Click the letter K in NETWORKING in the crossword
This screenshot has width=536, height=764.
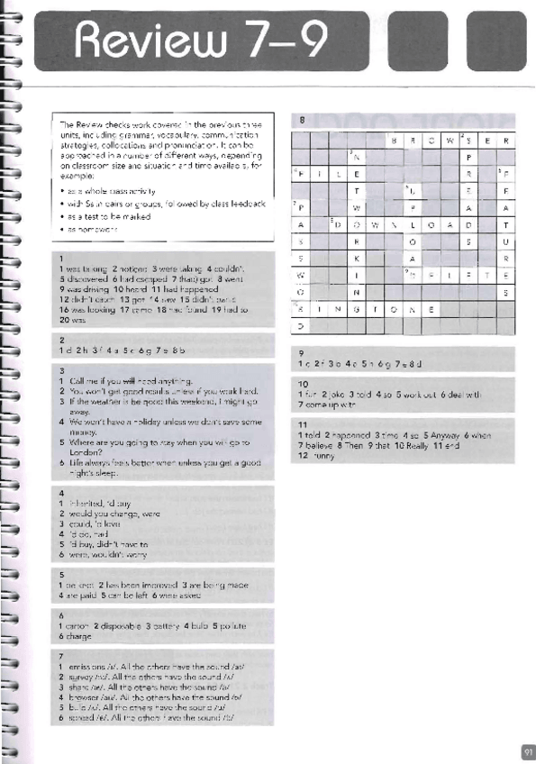[358, 258]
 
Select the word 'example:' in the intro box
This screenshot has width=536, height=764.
[75, 176]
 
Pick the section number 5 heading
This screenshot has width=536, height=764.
[61, 573]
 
